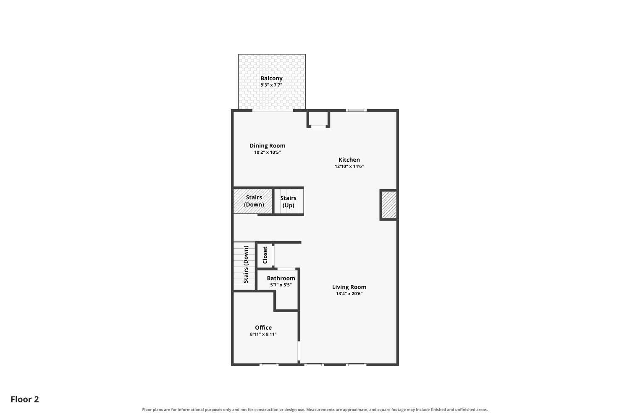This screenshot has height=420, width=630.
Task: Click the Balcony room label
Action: [x=271, y=79]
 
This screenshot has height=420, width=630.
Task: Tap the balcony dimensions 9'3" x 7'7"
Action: [x=271, y=85]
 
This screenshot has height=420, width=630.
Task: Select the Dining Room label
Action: [x=267, y=146]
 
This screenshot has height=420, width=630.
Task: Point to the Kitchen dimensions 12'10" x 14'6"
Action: [x=349, y=166]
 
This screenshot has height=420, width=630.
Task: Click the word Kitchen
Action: [x=349, y=160]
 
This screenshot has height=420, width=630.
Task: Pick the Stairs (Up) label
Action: [x=288, y=202]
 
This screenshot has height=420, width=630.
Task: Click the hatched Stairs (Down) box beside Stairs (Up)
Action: [x=252, y=201]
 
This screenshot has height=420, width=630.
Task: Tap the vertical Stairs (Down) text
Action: [x=246, y=265]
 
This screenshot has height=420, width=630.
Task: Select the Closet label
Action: [x=265, y=255]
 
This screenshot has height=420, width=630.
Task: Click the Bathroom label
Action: [x=281, y=278]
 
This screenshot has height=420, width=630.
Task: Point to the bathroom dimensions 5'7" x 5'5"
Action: [x=281, y=285]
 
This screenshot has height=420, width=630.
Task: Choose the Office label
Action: [x=263, y=328]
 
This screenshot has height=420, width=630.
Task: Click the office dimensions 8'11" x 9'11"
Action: [x=263, y=334]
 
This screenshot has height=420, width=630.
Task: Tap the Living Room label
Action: [x=349, y=287]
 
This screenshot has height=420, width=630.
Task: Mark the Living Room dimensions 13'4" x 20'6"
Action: [x=349, y=294]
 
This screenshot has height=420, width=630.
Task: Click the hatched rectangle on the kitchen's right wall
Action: [x=389, y=205]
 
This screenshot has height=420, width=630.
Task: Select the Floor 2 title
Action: [x=25, y=399]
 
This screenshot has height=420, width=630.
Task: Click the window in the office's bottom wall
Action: [x=269, y=365]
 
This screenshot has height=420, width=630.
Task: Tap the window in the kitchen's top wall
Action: [x=356, y=110]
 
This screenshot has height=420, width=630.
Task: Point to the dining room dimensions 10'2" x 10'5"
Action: [x=267, y=152]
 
